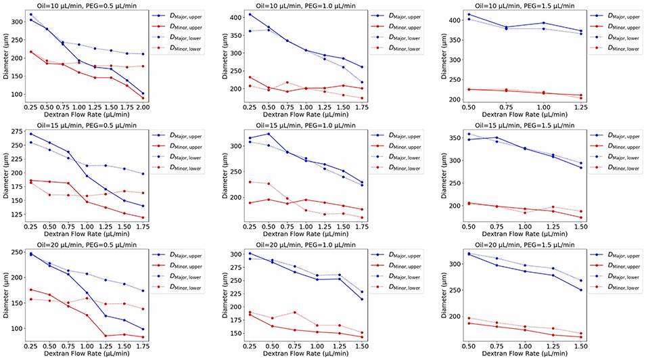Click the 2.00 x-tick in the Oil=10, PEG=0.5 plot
coord(143,107)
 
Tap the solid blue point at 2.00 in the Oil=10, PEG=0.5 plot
coord(143,93)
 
